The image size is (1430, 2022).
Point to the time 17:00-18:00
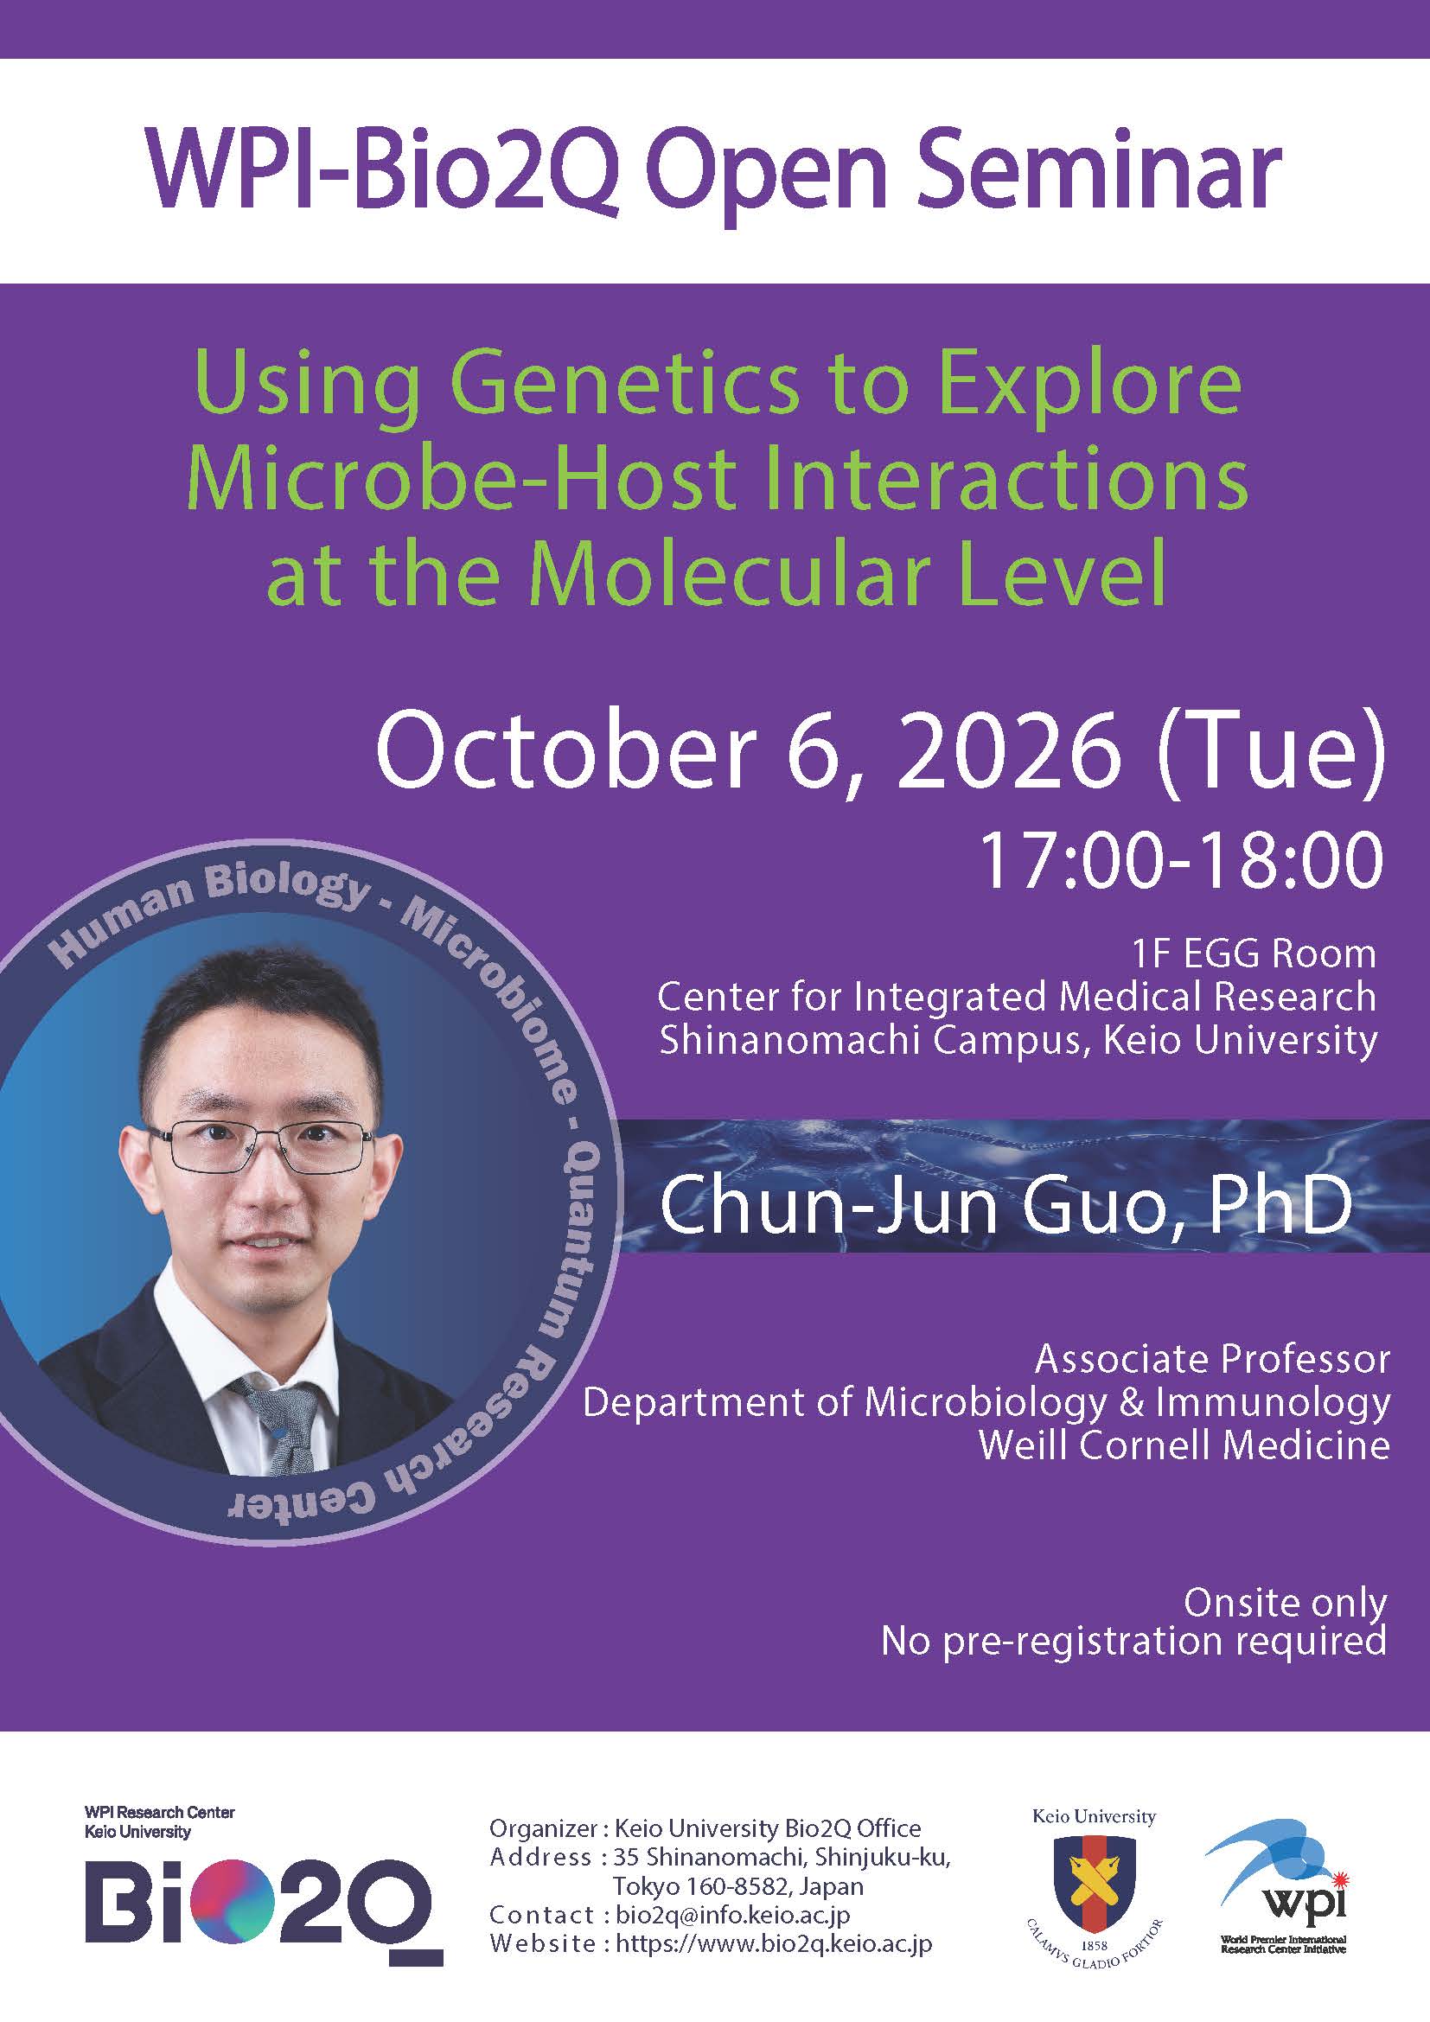point(1181,859)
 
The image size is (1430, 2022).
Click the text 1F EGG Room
point(1254,953)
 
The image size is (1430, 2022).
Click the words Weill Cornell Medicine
point(1184,1445)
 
